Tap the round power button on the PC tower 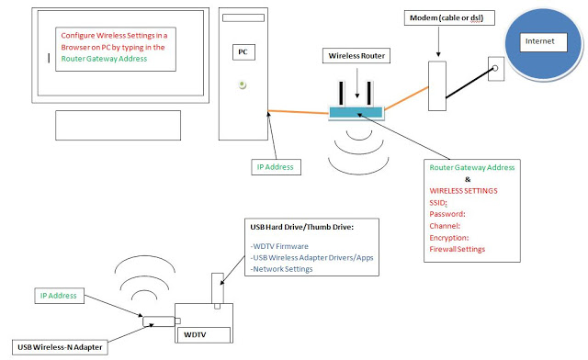(242, 84)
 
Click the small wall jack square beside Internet (495, 66)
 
